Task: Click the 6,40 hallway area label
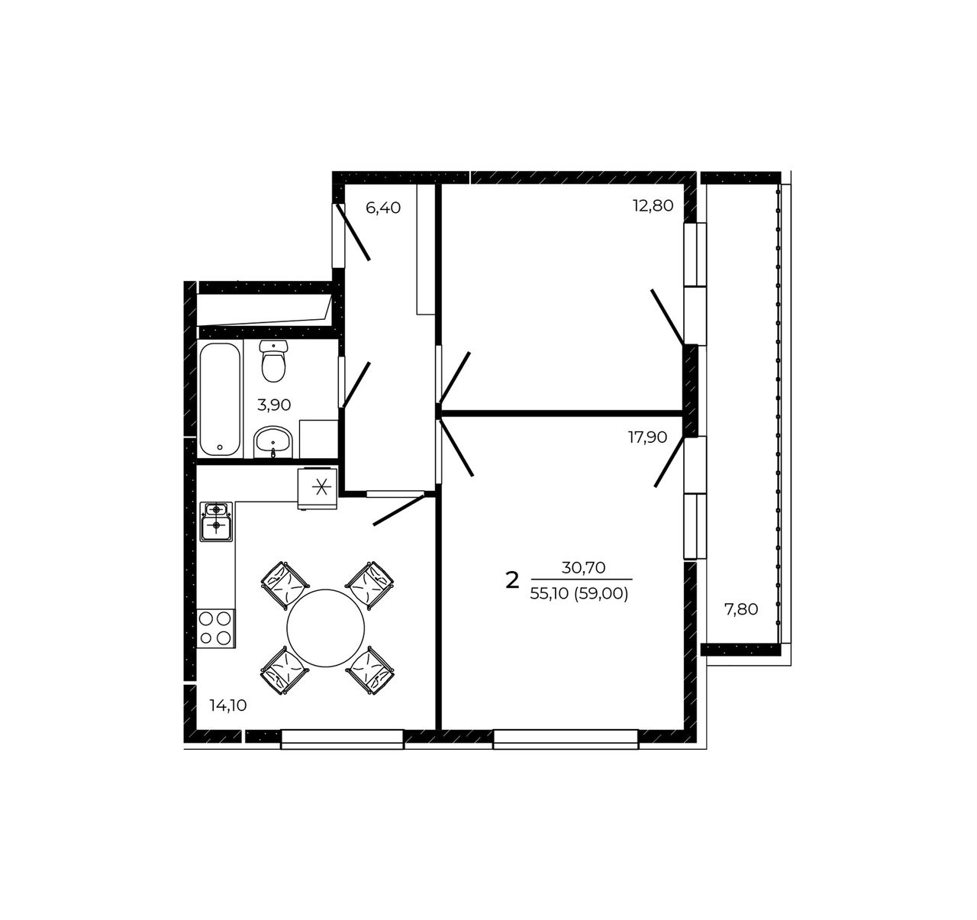point(383,208)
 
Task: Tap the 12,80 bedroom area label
point(653,205)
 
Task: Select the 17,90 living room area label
point(647,437)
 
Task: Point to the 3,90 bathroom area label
point(274,405)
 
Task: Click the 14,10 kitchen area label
point(227,705)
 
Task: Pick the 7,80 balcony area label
point(741,609)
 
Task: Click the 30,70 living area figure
point(583,567)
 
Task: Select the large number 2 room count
point(512,581)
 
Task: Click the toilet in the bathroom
point(273,361)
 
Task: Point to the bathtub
point(220,399)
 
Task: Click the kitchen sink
point(216,521)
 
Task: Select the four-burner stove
point(216,628)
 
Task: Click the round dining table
point(326,628)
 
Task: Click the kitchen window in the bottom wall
point(343,740)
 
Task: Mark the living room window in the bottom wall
point(566,740)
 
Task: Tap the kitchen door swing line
point(398,511)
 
